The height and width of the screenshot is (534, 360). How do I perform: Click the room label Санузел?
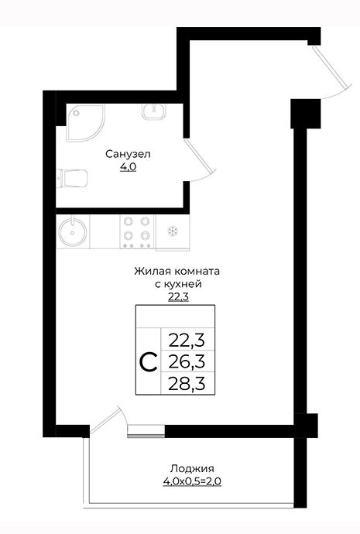(128, 154)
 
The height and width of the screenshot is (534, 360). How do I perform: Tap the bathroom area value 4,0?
(128, 167)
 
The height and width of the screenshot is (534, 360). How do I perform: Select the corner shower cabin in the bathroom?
(84, 122)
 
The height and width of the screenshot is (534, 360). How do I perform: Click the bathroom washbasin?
(153, 111)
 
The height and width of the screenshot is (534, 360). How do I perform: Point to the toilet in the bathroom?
(72, 178)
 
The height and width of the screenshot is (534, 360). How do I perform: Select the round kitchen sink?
(72, 231)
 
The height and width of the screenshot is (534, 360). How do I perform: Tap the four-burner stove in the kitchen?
(136, 231)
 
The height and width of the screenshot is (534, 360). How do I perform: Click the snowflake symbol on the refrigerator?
(173, 231)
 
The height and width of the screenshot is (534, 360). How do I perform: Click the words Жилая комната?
(177, 272)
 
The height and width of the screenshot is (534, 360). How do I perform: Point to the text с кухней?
(178, 284)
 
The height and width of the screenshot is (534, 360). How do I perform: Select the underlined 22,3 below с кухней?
(178, 297)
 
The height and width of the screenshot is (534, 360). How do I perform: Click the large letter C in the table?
(149, 362)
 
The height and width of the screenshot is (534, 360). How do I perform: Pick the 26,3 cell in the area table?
(187, 361)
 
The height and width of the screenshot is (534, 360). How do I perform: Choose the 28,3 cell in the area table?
(187, 383)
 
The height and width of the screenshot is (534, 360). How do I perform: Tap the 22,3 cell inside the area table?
(187, 340)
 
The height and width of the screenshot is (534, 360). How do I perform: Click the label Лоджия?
(192, 469)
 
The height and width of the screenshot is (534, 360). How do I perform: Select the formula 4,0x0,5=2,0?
(193, 481)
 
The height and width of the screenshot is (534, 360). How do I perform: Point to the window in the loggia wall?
(146, 431)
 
